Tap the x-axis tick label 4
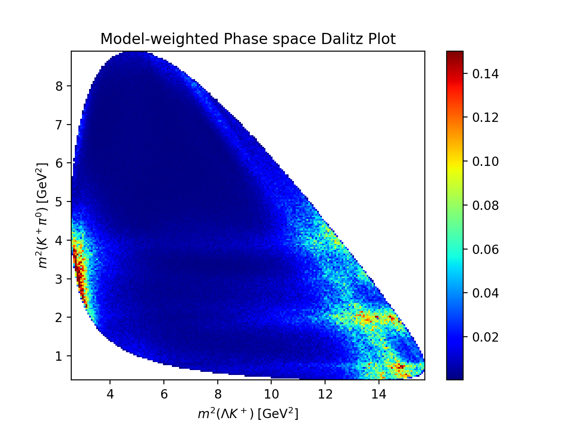pyautogui.click(x=110, y=395)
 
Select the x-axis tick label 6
pyautogui.click(x=164, y=395)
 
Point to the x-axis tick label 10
pyautogui.click(x=271, y=395)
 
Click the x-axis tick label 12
pyautogui.click(x=325, y=395)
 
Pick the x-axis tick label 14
pyautogui.click(x=379, y=395)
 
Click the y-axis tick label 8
pyautogui.click(x=59, y=86)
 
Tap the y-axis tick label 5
pyautogui.click(x=59, y=201)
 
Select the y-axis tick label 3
pyautogui.click(x=59, y=279)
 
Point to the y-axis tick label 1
pyautogui.click(x=59, y=356)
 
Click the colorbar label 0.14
pyautogui.click(x=485, y=74)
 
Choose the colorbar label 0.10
pyautogui.click(x=485, y=161)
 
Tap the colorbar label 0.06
pyautogui.click(x=485, y=250)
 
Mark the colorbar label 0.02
pyautogui.click(x=485, y=337)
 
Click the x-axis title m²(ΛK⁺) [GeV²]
pyautogui.click(x=248, y=413)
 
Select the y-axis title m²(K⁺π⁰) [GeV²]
pyautogui.click(x=41, y=215)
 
